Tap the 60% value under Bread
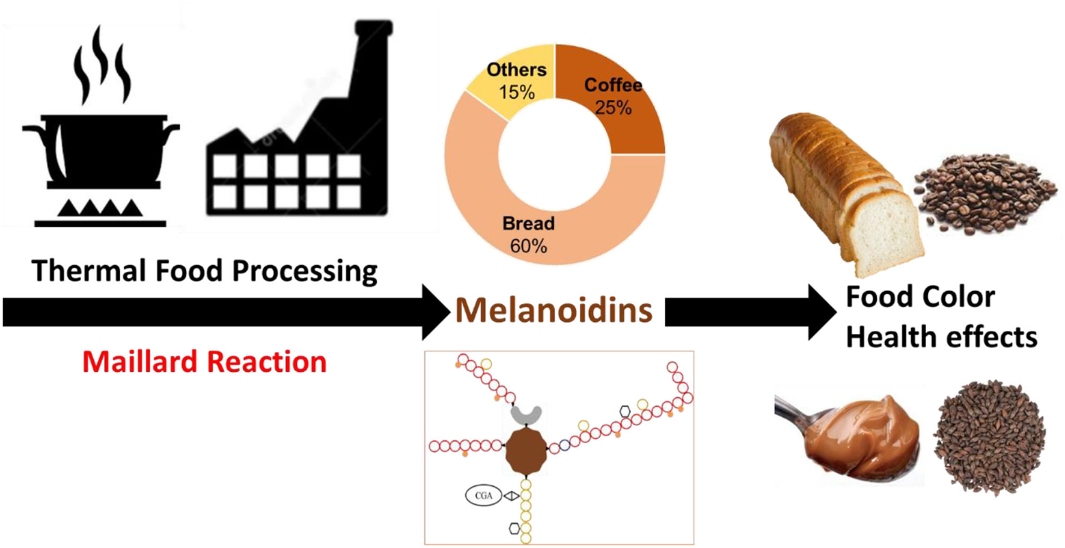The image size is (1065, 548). coord(528,246)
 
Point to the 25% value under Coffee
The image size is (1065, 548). coord(613,108)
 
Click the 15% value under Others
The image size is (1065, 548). coord(516,92)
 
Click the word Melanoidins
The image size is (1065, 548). coord(554,310)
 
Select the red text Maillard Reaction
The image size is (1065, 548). coord(204,362)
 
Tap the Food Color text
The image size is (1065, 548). coord(920,297)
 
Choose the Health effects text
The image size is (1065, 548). coord(941,337)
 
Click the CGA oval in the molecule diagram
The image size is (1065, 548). coord(483,496)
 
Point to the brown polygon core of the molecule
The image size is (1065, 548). coord(526,452)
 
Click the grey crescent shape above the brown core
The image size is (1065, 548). coord(526,414)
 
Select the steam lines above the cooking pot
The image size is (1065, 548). coord(102,66)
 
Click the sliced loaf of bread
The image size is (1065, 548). coord(841,186)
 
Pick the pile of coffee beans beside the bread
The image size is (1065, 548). coord(983,192)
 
